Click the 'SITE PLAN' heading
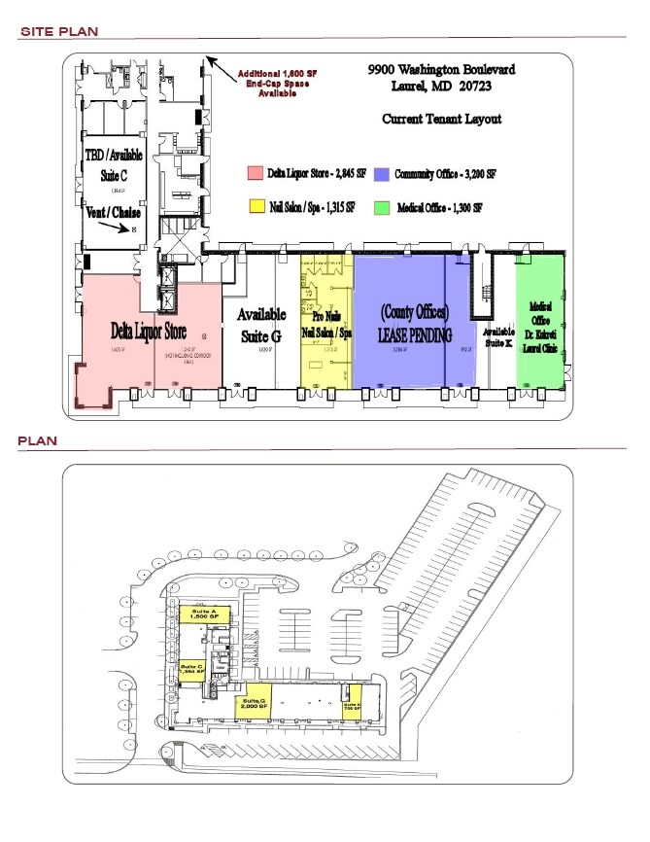coord(59,32)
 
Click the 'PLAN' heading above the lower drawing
coord(38,440)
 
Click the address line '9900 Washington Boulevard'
coord(441,70)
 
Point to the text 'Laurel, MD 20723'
coord(441,88)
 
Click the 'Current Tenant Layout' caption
coord(441,119)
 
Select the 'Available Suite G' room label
coord(261,324)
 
